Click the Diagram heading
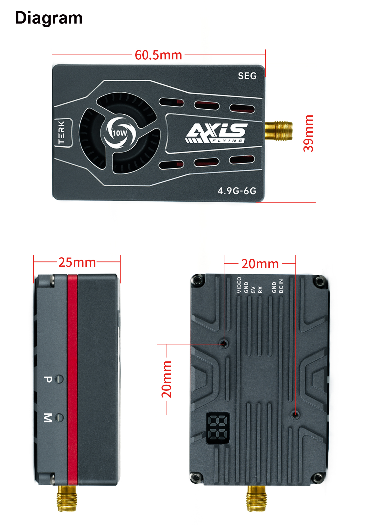(49, 18)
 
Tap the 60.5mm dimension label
(158, 55)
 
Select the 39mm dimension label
(308, 133)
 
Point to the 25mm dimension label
(77, 262)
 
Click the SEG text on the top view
(247, 76)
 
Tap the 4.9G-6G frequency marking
(237, 191)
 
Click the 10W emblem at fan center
(120, 133)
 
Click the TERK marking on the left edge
(61, 132)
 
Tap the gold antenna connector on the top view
(279, 131)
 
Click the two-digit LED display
(218, 428)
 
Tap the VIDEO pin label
(239, 285)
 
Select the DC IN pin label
(281, 286)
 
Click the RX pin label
(260, 289)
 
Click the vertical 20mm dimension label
(167, 379)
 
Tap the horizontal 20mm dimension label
(260, 264)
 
